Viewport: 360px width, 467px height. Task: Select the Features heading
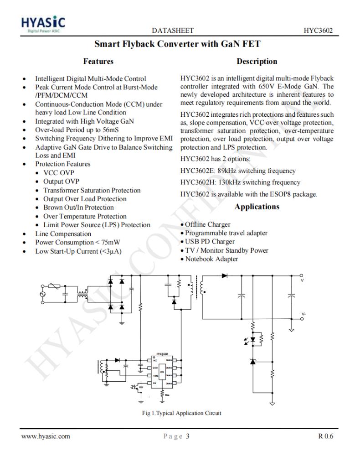tap(98, 61)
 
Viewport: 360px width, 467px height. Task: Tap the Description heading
tap(257, 61)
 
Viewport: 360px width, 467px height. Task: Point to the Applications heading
tap(257, 207)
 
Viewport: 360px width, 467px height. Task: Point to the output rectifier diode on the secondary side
tap(224, 275)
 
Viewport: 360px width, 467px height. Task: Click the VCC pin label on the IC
tap(155, 360)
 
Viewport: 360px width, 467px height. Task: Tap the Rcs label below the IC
tap(168, 395)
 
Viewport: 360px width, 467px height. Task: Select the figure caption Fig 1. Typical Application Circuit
tap(182, 413)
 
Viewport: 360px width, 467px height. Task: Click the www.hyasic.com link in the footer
tap(46, 436)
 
